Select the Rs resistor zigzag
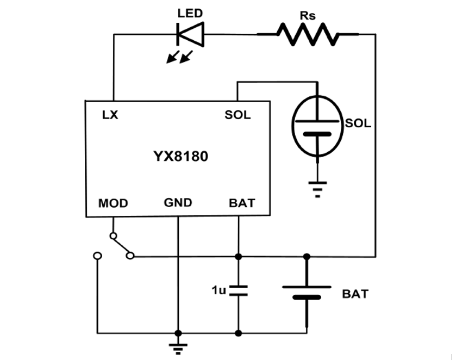308,34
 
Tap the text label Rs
308,15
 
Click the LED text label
190,14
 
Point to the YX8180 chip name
180,157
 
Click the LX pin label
110,115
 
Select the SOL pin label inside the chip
237,115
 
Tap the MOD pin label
113,203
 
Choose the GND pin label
178,203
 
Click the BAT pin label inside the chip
242,203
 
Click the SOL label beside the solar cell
358,123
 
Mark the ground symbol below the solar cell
318,188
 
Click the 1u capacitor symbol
238,290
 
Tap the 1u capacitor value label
218,290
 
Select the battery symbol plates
307,292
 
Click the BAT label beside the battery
355,294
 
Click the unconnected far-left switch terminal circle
97,256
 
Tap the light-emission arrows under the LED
179,57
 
